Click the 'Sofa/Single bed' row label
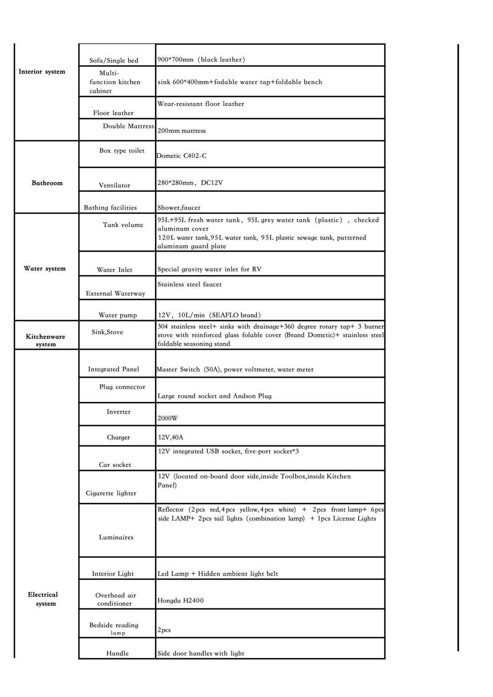114,60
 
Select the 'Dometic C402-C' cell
181,156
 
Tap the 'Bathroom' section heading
47,183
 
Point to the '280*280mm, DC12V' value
190,183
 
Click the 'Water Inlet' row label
115,270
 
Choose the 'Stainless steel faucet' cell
190,285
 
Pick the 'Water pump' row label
118,315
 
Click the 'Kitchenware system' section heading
46,340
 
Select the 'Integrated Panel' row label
113,369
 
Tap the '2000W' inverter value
168,418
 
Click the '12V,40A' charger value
170,438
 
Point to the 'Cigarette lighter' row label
111,493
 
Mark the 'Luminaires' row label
116,538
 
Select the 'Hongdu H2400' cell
180,601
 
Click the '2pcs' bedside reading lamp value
164,630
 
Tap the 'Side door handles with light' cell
201,654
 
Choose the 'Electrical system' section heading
43,599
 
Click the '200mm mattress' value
182,131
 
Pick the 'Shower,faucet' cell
179,208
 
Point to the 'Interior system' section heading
42,72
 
